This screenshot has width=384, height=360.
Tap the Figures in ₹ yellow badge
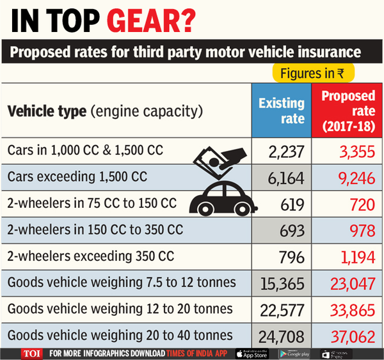coord(315,74)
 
